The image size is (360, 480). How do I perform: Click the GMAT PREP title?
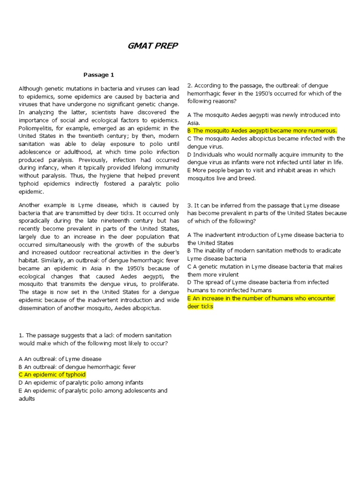153,46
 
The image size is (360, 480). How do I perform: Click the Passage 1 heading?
98,75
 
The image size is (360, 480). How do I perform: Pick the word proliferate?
163,284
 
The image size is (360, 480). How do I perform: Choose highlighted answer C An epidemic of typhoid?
52,375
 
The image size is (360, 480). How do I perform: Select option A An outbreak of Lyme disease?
60,359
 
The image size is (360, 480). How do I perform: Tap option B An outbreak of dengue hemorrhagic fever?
77,367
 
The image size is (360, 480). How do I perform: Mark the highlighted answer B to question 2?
262,130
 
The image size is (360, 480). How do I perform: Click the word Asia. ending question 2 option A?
194,123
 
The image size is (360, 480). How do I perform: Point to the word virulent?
228,274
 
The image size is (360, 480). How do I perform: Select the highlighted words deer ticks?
200,306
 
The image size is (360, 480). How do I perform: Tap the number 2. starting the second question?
190,86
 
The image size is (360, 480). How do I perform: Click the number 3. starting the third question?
190,205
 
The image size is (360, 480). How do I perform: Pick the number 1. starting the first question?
21,335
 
